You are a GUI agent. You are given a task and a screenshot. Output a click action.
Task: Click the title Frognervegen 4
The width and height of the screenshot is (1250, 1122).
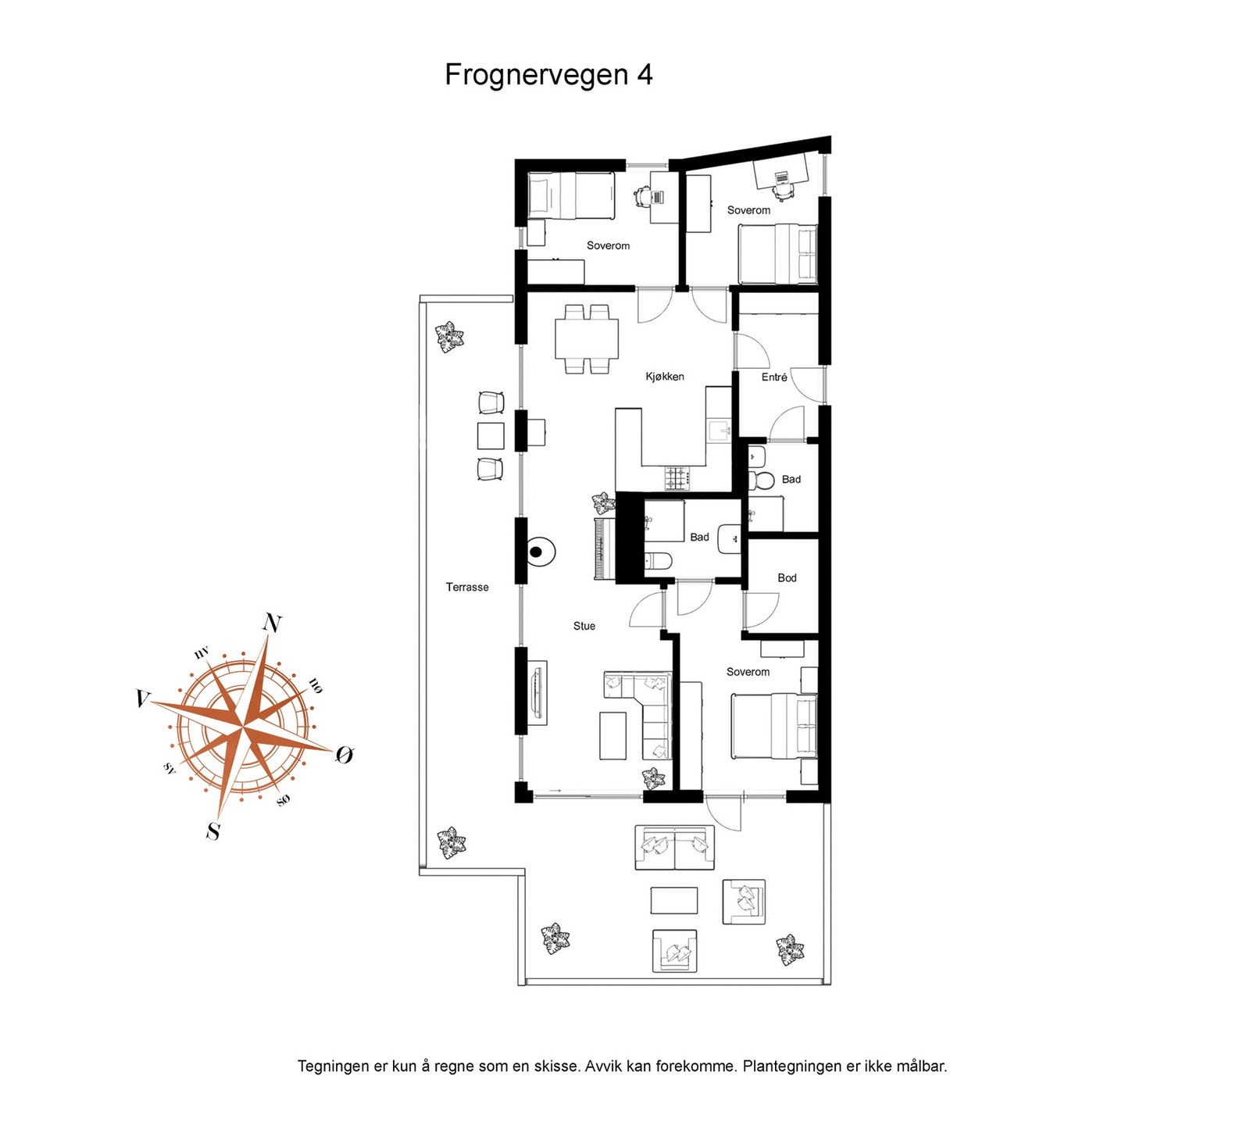coord(548,75)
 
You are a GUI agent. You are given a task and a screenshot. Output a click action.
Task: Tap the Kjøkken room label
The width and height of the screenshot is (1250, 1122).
coord(664,377)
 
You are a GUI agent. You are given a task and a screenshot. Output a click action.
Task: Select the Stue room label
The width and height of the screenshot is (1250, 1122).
coord(584,626)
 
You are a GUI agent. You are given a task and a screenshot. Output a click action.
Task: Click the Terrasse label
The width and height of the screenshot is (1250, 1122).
coord(467,587)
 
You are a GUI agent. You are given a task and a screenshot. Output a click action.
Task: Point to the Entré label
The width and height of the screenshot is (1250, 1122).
coord(774,377)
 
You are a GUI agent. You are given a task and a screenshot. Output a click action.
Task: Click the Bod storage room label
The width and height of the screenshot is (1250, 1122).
coord(787,578)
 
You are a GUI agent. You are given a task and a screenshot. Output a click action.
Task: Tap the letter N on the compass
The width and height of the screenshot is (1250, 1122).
coord(272,623)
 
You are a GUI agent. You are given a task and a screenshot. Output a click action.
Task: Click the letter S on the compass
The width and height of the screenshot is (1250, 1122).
coord(212,831)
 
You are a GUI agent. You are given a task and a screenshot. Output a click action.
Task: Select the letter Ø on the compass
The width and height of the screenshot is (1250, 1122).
coord(345,754)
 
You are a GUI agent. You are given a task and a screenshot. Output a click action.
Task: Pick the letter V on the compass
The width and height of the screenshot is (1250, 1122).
coord(141,698)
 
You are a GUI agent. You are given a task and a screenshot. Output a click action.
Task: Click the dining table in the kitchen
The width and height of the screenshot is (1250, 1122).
coord(587,339)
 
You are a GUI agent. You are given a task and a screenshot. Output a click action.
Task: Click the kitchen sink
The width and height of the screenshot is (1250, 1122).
coord(718,429)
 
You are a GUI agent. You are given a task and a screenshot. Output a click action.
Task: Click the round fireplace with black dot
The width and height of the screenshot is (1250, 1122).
coord(537,552)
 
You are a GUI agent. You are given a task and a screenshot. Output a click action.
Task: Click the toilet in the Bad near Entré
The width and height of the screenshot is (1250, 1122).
coord(759,478)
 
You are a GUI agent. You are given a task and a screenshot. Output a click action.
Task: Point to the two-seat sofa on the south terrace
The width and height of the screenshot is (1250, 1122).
coord(674,848)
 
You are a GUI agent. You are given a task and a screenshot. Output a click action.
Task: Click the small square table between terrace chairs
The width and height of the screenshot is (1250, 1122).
coord(491,436)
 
